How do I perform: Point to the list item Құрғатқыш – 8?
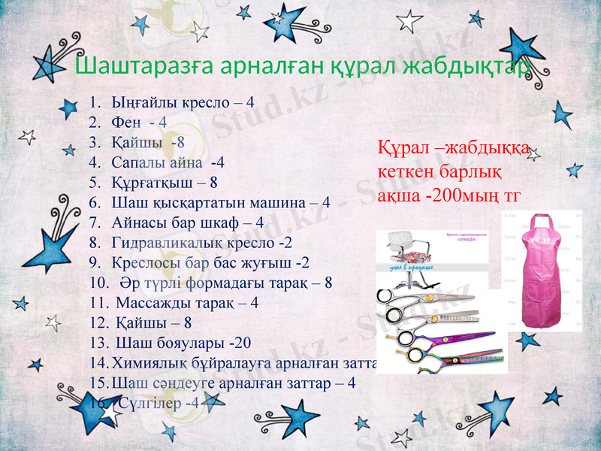coord(165,182)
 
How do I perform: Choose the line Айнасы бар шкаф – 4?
coord(187,222)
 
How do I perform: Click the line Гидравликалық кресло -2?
coord(201,243)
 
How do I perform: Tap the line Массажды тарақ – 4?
coord(187,303)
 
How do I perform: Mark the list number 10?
coord(98,283)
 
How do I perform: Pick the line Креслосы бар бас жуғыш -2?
coord(210,263)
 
